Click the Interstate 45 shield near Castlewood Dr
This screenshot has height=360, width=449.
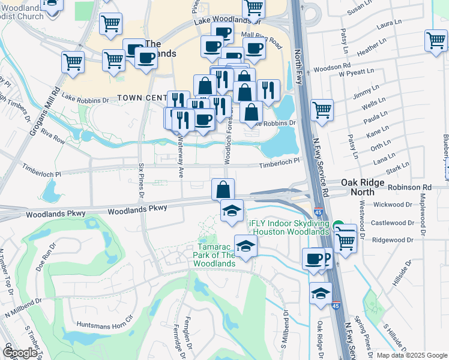point(317,211)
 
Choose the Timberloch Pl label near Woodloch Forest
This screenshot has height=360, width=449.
point(279,162)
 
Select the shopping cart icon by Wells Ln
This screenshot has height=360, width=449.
point(322,110)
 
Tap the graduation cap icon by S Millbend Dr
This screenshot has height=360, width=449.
point(321,293)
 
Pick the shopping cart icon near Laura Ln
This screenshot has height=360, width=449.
point(436,40)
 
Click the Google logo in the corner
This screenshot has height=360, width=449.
point(20,353)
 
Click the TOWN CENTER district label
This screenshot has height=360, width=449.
point(142,98)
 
